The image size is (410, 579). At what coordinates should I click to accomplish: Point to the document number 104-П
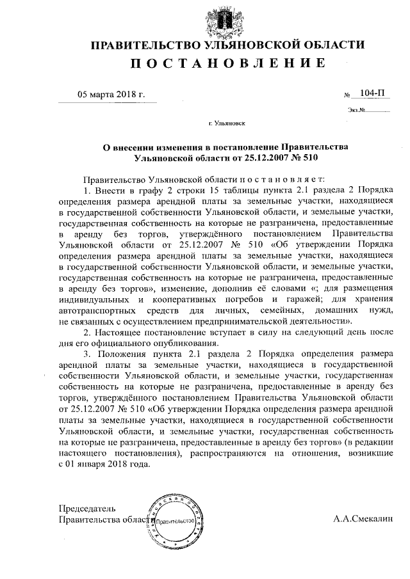pyautogui.click(x=373, y=93)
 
